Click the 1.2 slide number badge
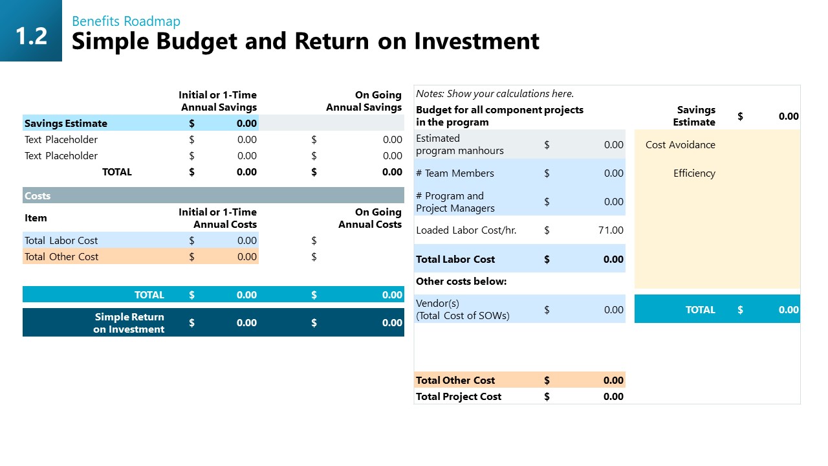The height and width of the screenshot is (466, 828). (31, 36)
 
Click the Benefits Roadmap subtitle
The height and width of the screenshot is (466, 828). (126, 21)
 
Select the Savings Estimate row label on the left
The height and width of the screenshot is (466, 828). (66, 123)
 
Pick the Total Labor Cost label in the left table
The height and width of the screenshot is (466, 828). (61, 240)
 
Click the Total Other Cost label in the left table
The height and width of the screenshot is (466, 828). (61, 256)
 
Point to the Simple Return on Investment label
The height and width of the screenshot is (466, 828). (129, 323)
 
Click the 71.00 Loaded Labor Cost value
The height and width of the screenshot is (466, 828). (611, 230)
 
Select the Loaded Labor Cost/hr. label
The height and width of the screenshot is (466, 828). (466, 230)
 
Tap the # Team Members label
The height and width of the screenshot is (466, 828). (455, 173)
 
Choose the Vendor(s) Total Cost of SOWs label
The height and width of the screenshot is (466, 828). (463, 309)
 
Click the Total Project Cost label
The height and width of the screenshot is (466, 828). (459, 396)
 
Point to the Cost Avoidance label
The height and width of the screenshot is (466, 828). (680, 144)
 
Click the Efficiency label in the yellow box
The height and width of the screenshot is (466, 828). (694, 173)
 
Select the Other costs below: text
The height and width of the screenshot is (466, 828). (461, 282)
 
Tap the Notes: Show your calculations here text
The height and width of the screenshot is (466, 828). (495, 93)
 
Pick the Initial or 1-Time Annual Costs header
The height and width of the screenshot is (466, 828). (217, 218)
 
